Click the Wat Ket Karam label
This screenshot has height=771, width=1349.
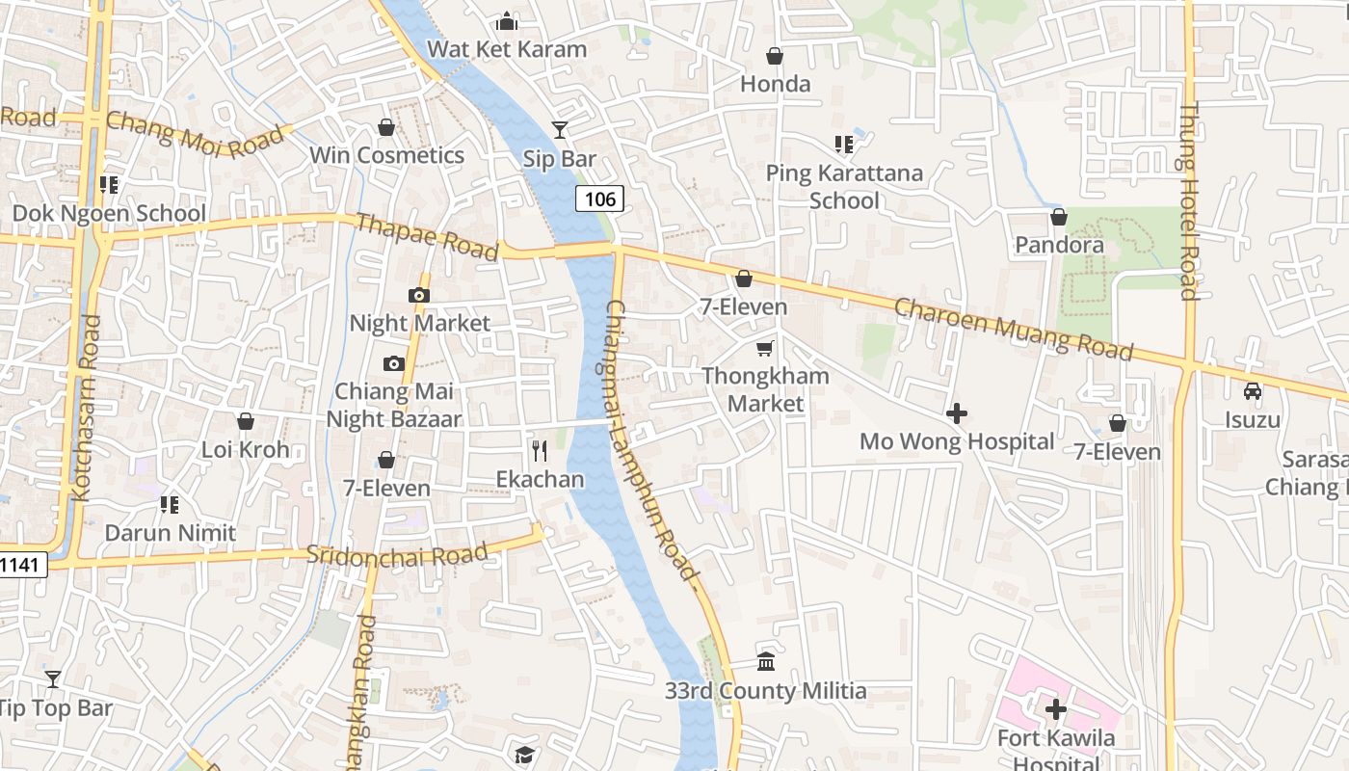[x=507, y=49]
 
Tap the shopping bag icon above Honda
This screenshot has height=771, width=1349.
[x=774, y=56]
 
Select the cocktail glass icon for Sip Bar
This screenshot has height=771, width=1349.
[x=559, y=130]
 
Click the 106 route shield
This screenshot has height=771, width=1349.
[x=599, y=199]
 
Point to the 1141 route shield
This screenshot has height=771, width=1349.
[x=21, y=564]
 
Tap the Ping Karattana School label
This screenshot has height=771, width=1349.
[x=844, y=187]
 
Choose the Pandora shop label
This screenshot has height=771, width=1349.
[x=1059, y=245]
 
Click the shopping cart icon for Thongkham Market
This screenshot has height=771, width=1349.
[x=764, y=348]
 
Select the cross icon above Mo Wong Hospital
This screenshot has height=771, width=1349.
[x=956, y=413]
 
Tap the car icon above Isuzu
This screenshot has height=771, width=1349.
[x=1252, y=391]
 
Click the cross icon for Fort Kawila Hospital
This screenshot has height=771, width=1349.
[x=1056, y=709]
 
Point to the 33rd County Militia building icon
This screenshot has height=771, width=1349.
[x=766, y=661]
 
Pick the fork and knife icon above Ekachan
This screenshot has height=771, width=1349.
[x=540, y=450]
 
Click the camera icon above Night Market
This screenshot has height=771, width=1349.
[x=419, y=295]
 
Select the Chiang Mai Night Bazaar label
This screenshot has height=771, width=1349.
[x=394, y=406]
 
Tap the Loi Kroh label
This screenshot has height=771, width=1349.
[x=245, y=449]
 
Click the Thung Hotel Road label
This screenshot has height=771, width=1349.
[x=1189, y=202]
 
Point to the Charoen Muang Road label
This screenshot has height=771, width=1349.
[x=1014, y=330]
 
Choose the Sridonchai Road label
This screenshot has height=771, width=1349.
[x=397, y=555]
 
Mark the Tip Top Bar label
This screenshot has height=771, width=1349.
[x=55, y=708]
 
